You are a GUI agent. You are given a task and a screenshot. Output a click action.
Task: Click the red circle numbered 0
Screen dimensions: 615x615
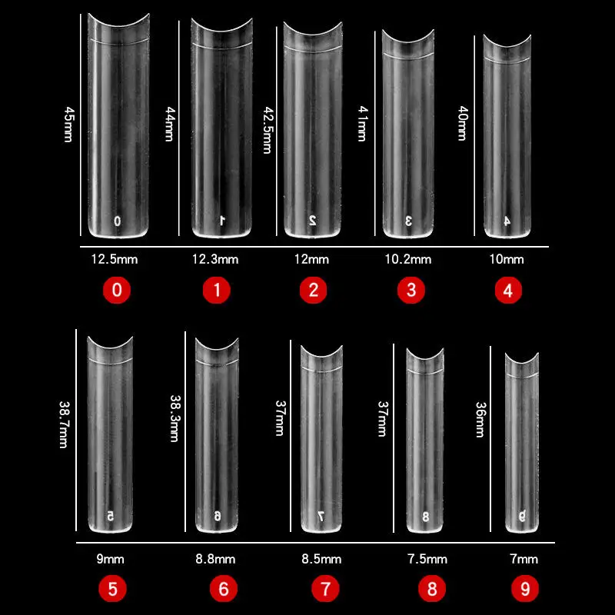click(x=118, y=291)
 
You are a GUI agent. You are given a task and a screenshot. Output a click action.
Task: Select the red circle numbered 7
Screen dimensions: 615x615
click(x=325, y=590)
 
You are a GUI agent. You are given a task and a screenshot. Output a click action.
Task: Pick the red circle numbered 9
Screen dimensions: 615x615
click(x=525, y=590)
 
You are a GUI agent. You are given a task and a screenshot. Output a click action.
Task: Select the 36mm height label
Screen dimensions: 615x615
click(x=480, y=420)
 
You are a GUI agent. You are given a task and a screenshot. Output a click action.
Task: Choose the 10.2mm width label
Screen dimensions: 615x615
click(x=408, y=259)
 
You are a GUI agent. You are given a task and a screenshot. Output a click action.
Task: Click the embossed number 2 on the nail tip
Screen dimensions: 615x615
click(x=313, y=220)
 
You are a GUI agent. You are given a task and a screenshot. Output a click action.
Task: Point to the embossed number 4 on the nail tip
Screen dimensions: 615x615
click(x=507, y=221)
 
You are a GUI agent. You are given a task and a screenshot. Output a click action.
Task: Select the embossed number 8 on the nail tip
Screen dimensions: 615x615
click(x=425, y=516)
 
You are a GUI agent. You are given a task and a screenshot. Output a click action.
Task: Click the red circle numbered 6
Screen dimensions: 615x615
click(x=224, y=590)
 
